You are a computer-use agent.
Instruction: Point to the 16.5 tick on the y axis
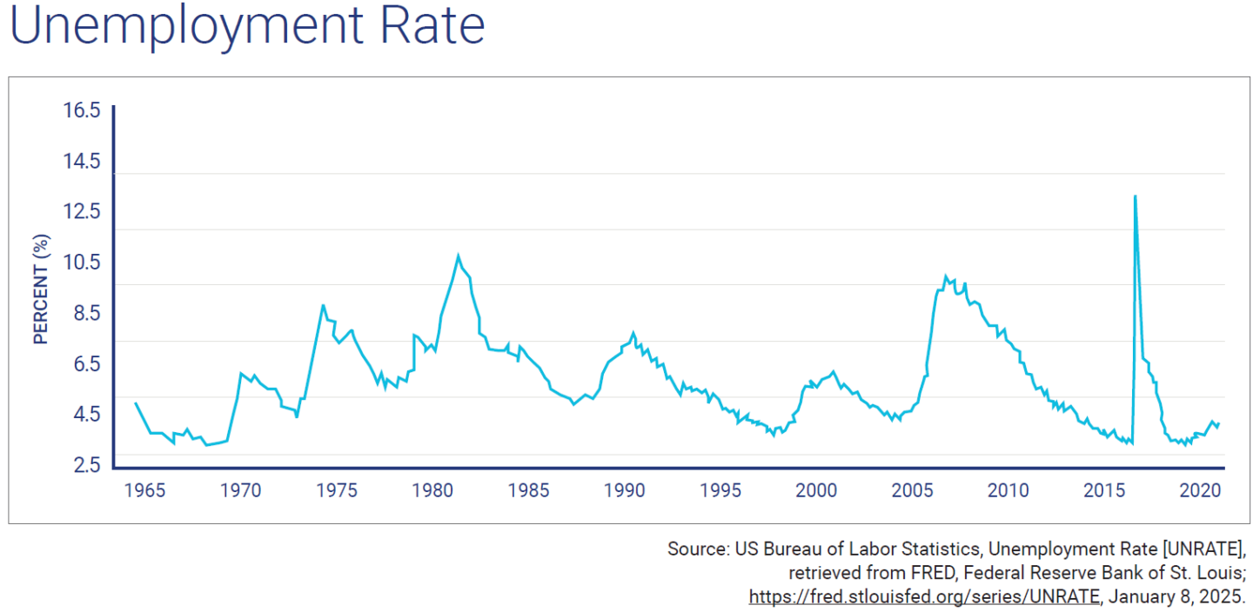[x=82, y=110]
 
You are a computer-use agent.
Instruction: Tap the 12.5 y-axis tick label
[x=82, y=211]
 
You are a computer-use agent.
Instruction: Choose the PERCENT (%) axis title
[x=40, y=289]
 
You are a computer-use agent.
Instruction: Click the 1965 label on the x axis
[x=144, y=490]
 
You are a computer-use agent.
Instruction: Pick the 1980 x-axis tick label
[x=432, y=490]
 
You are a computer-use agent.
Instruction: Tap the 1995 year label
[x=720, y=490]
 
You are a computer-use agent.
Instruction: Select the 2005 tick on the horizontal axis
[x=912, y=490]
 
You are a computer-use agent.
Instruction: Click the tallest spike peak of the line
[x=1135, y=196]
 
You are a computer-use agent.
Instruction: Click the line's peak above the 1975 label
[x=323, y=305]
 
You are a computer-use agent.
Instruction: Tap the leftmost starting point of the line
[x=136, y=403]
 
